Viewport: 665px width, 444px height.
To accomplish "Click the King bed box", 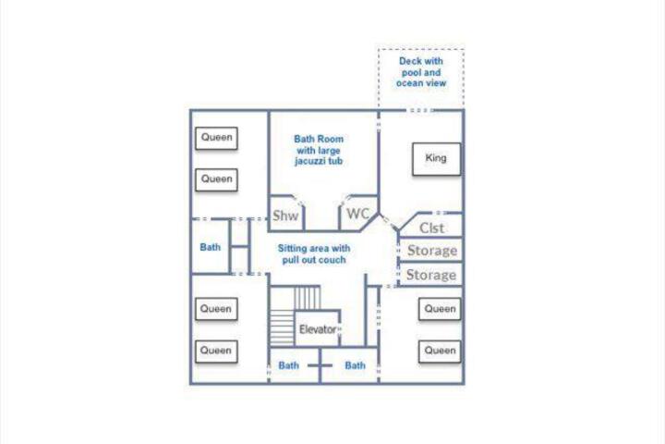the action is pos(436,159).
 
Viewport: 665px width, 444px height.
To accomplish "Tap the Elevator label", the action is pos(318,329).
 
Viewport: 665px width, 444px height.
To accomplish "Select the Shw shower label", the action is pos(285,216).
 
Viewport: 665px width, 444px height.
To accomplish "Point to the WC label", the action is pos(358,214).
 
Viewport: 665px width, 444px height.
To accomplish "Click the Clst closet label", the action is pos(431,228).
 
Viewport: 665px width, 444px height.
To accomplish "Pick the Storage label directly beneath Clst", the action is pos(432,251).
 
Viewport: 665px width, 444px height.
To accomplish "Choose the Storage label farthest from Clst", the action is pos(431,275).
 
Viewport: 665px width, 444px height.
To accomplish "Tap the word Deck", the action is pos(409,61).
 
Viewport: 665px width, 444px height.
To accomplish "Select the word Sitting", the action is pos(293,249).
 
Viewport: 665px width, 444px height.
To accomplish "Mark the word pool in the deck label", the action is pos(411,73).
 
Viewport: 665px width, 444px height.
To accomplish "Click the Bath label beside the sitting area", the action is pos(211,247).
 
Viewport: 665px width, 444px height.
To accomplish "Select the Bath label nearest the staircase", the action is pos(288,365).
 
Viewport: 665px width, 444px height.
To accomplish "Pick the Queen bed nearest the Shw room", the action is pos(216,179).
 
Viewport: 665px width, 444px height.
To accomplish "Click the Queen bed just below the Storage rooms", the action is pos(440,309).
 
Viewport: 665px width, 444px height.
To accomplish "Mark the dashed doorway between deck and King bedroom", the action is pos(419,110).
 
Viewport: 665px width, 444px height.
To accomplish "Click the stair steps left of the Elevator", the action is pos(283,327).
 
